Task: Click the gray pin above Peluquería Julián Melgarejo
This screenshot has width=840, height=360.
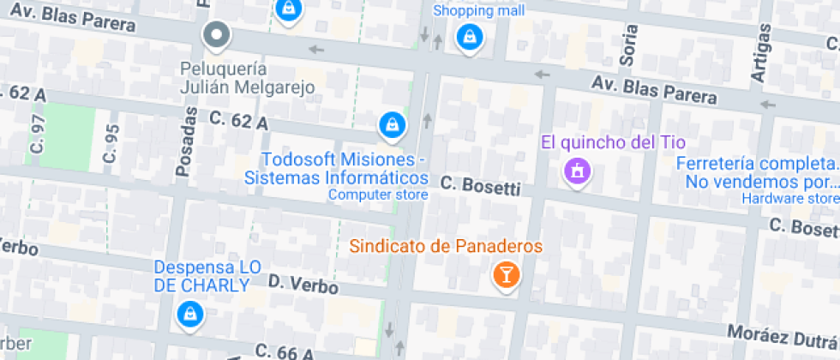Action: pos(217,36)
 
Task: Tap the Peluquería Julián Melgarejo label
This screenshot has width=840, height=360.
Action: pos(247,77)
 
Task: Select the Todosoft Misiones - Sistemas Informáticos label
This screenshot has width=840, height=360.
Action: pos(337,169)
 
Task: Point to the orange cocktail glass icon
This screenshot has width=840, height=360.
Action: pos(507,274)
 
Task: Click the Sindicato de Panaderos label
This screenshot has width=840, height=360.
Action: pos(446,247)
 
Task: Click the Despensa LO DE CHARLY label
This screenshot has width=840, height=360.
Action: pos(207,276)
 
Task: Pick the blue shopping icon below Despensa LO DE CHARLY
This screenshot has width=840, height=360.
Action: pos(188,315)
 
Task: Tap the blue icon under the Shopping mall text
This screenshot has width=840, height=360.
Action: pos(468,37)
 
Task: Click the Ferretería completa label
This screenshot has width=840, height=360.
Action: pos(757,172)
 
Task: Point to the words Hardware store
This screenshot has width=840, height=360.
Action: pos(790,199)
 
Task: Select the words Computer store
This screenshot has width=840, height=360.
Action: pos(378,195)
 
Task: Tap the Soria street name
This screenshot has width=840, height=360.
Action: pos(630,44)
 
